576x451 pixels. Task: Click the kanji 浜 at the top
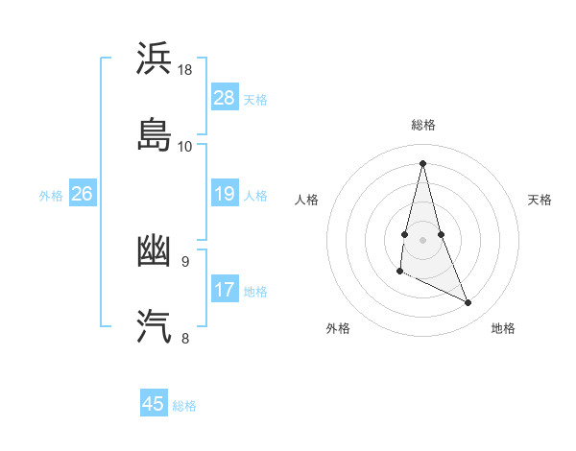coord(155,59)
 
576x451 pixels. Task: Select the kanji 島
coord(155,133)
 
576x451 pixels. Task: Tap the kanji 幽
coord(155,252)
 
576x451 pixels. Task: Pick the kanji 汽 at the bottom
coord(155,326)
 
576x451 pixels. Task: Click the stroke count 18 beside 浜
coord(185,70)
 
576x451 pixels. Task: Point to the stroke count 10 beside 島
coord(185,146)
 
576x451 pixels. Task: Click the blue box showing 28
coord(224,98)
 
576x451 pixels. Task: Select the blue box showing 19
coord(224,194)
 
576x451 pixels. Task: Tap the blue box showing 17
coord(224,290)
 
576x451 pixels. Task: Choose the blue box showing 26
coord(82,194)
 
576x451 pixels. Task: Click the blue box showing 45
coord(153,404)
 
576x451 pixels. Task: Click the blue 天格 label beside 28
coord(255,99)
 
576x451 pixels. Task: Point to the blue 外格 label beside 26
coord(51,195)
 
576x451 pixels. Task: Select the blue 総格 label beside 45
coord(184,405)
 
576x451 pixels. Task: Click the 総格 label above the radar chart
coord(422,125)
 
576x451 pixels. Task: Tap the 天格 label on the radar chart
coord(540,200)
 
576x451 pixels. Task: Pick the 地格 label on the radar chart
coord(503,328)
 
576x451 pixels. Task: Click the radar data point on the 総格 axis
coord(422,162)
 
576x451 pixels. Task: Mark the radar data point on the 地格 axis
coord(468,302)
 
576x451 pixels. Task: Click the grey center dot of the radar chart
coord(422,238)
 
